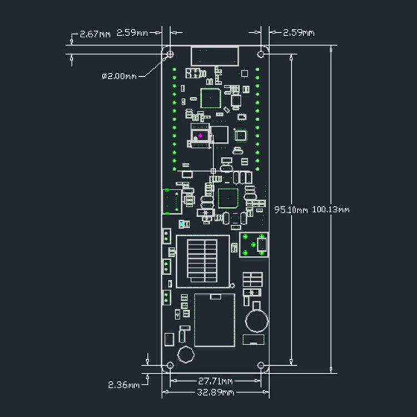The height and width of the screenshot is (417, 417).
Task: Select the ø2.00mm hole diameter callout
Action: point(118,76)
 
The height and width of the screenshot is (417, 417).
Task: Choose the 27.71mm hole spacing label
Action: point(215,381)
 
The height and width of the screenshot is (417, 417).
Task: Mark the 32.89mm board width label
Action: point(215,393)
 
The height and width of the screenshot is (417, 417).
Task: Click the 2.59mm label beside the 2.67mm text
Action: point(132,33)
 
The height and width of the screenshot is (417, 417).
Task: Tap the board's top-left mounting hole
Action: point(170,54)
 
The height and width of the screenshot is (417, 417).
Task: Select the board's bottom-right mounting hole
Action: point(261,365)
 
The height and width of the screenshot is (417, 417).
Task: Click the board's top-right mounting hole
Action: point(261,54)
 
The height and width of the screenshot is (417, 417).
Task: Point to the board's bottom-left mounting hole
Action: point(170,365)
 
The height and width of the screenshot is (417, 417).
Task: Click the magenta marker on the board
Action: point(200,136)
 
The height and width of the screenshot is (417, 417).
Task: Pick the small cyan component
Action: point(182,225)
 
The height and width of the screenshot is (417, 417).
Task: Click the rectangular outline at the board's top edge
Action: point(215,56)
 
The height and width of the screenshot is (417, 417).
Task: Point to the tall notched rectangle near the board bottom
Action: point(214,320)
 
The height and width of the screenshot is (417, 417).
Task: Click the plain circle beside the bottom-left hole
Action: point(186,354)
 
